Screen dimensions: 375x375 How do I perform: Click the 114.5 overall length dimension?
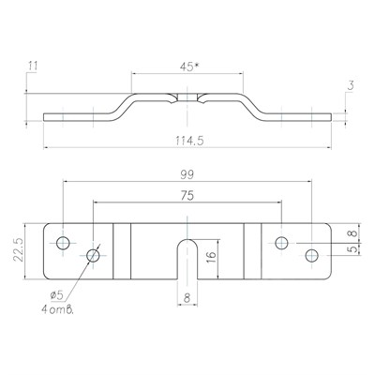click(189, 141)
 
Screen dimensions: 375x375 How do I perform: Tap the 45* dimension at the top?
click(189, 67)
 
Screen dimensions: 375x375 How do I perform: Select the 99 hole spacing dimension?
click(187, 174)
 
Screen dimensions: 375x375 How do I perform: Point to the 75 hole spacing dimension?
click(187, 196)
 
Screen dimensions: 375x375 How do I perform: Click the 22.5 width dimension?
click(18, 249)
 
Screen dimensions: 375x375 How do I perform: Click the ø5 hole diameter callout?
click(57, 294)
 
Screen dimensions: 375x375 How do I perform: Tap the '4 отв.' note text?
click(58, 309)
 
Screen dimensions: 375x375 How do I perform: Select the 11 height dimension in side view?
click(33, 67)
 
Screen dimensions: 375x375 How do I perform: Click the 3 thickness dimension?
click(351, 85)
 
